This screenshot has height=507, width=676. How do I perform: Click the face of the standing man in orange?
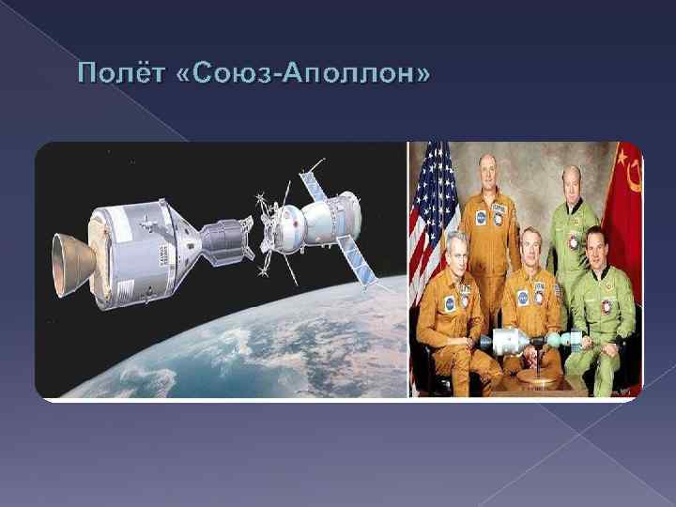pyautogui.click(x=490, y=172)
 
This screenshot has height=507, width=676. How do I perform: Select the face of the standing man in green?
pyautogui.click(x=570, y=180)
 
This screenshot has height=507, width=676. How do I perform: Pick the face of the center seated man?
pyautogui.click(x=525, y=253)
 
